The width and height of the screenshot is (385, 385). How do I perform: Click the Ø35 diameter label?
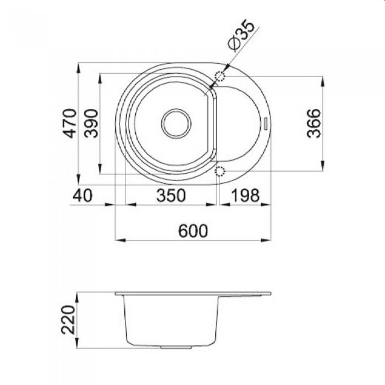tap(240, 36)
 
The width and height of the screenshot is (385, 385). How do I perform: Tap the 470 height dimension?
tap(69, 124)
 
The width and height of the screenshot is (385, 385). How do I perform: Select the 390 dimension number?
tap(91, 123)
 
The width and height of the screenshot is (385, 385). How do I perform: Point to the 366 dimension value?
tap(313, 123)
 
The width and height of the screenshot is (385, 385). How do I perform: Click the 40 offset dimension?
tap(82, 195)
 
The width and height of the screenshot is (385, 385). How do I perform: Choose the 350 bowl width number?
tap(171, 195)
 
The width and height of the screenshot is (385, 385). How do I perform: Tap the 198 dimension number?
tap(246, 195)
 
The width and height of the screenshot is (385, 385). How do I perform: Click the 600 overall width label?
tap(193, 231)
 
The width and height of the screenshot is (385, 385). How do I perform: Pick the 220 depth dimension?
tap(68, 320)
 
